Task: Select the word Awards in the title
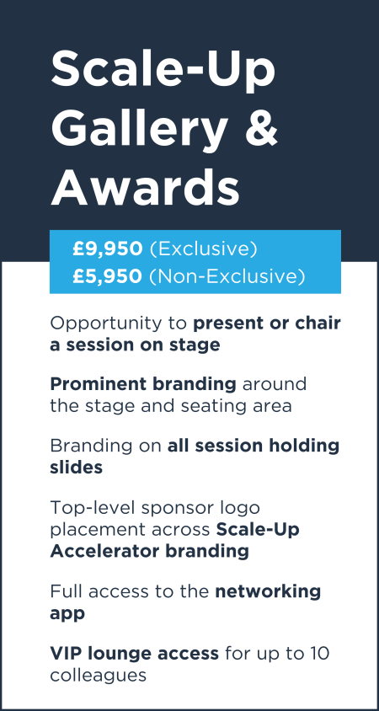[145, 186]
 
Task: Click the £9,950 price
[108, 249]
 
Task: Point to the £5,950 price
[108, 276]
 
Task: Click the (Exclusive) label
[203, 250]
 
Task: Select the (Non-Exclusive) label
[227, 277]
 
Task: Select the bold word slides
[76, 467]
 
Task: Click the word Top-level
[93, 508]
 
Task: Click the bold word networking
[268, 592]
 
